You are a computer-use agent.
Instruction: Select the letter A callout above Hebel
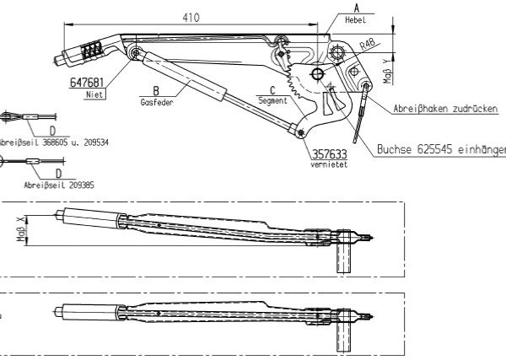(x=345, y=8)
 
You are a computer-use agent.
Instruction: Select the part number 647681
(x=88, y=83)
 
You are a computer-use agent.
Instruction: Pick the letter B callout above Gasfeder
(x=155, y=91)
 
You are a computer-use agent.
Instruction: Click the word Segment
(x=272, y=99)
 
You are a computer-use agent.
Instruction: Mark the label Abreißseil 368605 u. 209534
(x=54, y=141)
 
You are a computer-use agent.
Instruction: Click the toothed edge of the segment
(x=293, y=84)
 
